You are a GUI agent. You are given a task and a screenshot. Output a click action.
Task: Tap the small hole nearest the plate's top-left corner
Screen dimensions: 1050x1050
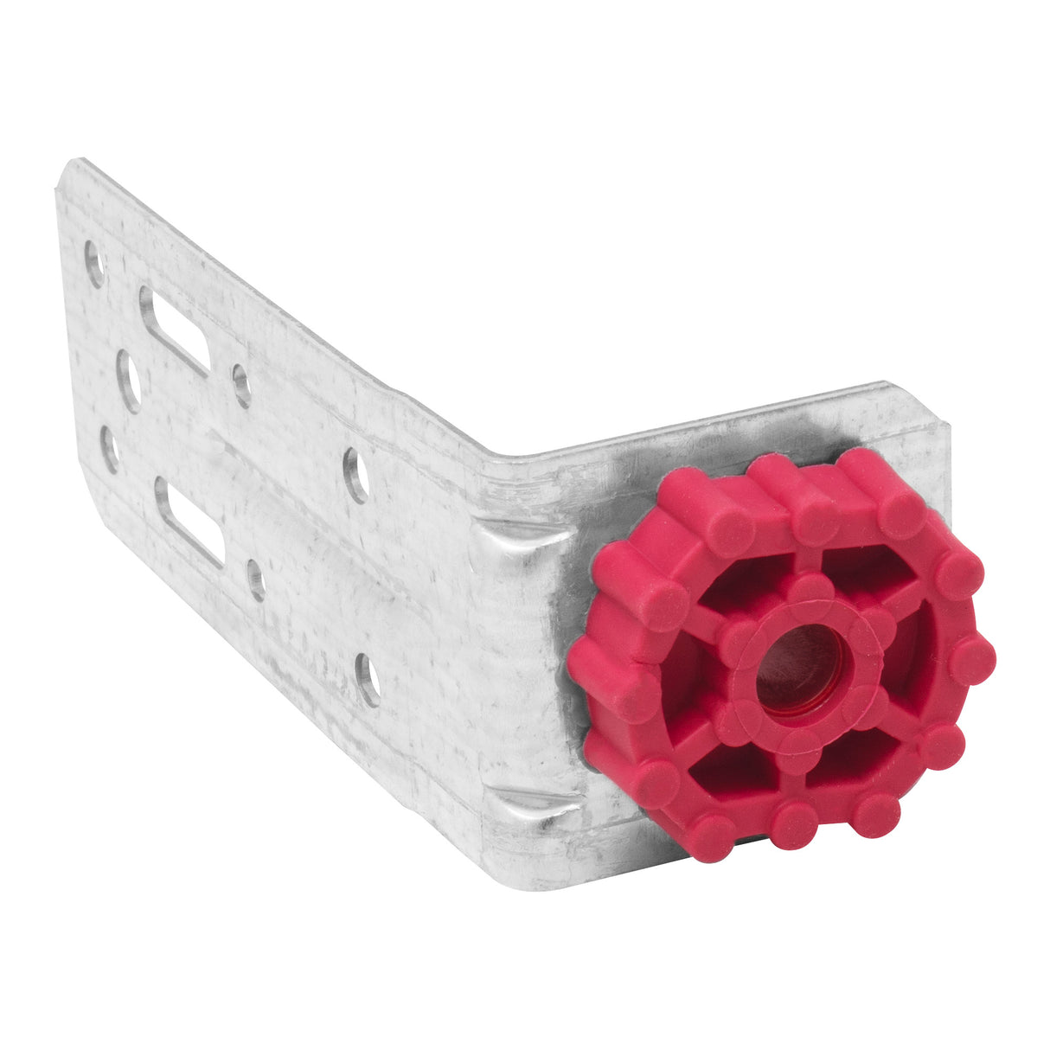(94, 264)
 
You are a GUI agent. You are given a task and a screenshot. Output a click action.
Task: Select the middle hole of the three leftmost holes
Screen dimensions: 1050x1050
(129, 380)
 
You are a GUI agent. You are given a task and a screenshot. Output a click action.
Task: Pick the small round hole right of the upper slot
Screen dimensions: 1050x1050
(241, 385)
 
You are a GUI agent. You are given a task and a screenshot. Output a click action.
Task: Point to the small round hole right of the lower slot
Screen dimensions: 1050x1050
(256, 579)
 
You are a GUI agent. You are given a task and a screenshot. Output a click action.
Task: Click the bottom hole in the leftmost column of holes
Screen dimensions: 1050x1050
(110, 449)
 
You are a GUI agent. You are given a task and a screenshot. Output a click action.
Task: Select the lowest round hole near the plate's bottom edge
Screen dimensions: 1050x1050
(369, 679)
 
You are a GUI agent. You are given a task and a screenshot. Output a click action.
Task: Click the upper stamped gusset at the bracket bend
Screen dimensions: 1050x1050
(519, 541)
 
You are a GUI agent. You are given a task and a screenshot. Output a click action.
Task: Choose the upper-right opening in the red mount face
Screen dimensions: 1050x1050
(865, 574)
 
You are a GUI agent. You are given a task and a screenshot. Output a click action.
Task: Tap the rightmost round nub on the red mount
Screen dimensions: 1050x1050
(972, 661)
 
